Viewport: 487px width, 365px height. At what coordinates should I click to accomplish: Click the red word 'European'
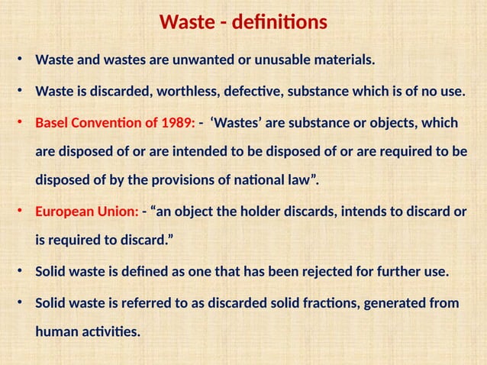pos(66,212)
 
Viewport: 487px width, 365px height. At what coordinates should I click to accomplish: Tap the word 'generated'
pos(392,303)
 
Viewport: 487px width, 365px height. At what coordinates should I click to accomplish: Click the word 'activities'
pos(112,332)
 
